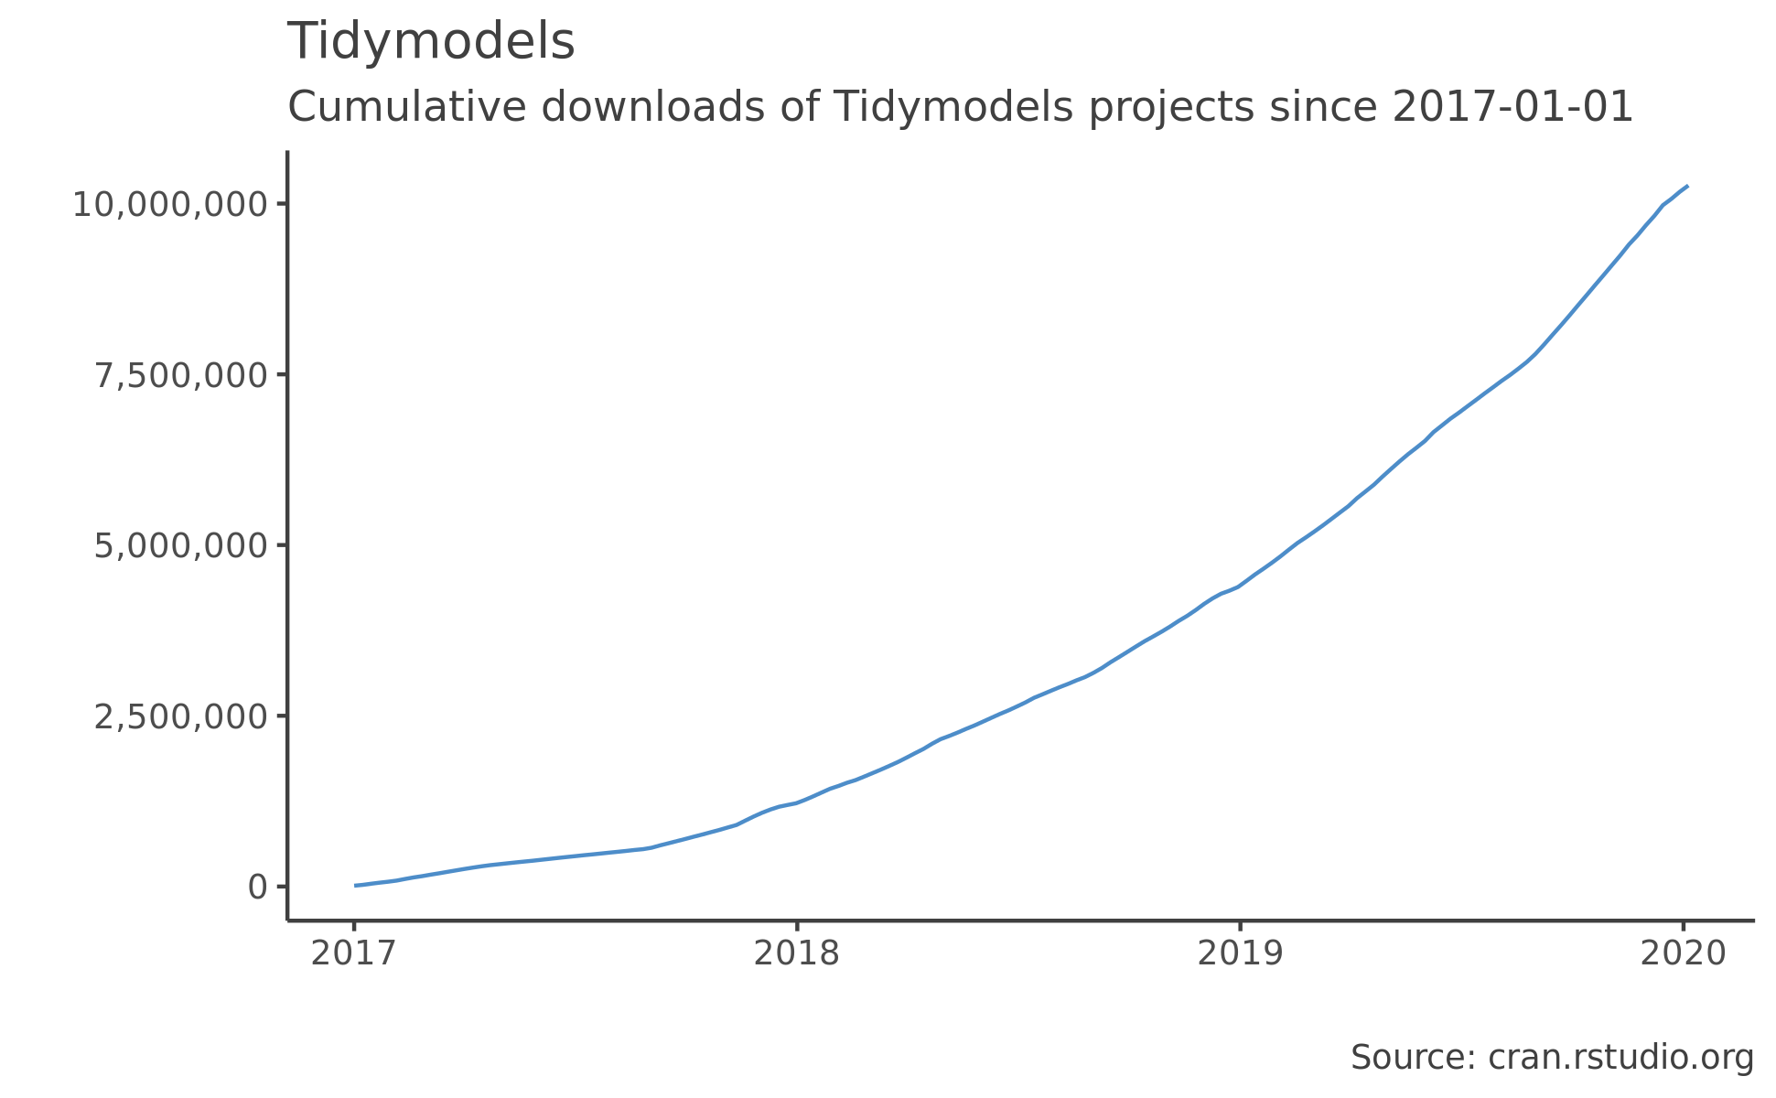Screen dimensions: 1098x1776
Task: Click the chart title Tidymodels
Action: click(431, 42)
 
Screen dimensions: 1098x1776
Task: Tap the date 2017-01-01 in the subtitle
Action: click(1512, 107)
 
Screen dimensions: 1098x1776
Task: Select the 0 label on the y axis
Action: click(257, 887)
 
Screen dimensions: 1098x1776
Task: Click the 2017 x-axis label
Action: click(353, 953)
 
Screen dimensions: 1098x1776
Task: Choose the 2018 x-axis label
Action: click(796, 953)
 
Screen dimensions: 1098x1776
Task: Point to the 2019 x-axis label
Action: click(1240, 953)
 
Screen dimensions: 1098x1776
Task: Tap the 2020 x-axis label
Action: click(1683, 953)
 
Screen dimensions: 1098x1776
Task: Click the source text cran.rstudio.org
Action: click(1620, 1058)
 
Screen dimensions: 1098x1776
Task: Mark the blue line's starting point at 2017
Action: click(356, 885)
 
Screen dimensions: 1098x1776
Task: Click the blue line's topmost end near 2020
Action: click(1686, 187)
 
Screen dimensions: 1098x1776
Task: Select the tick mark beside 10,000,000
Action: click(280, 203)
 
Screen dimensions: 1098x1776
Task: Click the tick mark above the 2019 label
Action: click(1240, 926)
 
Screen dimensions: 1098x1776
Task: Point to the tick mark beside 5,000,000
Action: click(280, 545)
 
